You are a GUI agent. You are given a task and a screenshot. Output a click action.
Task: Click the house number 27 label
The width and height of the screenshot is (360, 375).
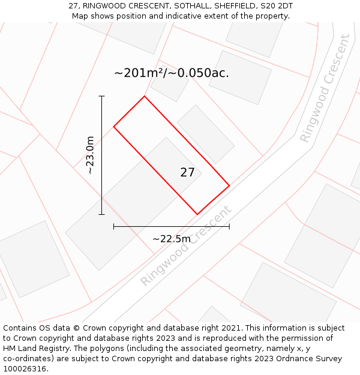(187, 173)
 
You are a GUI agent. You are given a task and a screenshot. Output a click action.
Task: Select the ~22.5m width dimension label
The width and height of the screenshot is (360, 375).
(171, 239)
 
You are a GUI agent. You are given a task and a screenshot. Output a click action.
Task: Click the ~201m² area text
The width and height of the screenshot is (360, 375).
(139, 73)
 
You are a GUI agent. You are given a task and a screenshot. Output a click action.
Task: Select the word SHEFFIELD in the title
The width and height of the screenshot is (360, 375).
(229, 6)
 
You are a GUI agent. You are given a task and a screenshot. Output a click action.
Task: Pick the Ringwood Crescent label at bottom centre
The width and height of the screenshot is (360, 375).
(185, 246)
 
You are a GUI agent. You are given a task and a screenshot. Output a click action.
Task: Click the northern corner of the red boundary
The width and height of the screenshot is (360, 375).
(145, 96)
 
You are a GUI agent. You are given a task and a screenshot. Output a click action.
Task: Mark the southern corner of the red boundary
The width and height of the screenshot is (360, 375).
(197, 214)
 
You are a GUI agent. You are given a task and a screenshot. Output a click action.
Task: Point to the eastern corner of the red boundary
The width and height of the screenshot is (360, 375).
(229, 185)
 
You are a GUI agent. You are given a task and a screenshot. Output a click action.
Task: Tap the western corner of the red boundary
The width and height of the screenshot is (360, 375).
(114, 126)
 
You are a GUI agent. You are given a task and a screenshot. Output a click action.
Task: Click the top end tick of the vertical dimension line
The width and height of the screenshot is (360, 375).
(101, 96)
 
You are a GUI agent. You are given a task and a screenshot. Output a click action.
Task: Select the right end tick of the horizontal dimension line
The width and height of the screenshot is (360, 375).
(229, 226)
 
